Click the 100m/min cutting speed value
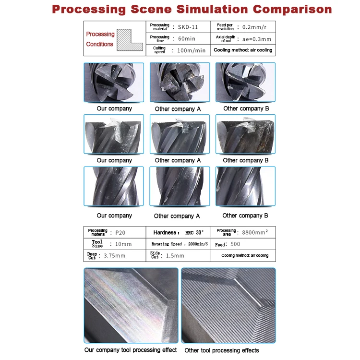[191, 50]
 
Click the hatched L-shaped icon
[132, 39]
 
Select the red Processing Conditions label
[100, 39]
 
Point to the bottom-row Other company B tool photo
[246, 186]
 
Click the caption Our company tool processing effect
[130, 350]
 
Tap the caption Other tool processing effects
[221, 350]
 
